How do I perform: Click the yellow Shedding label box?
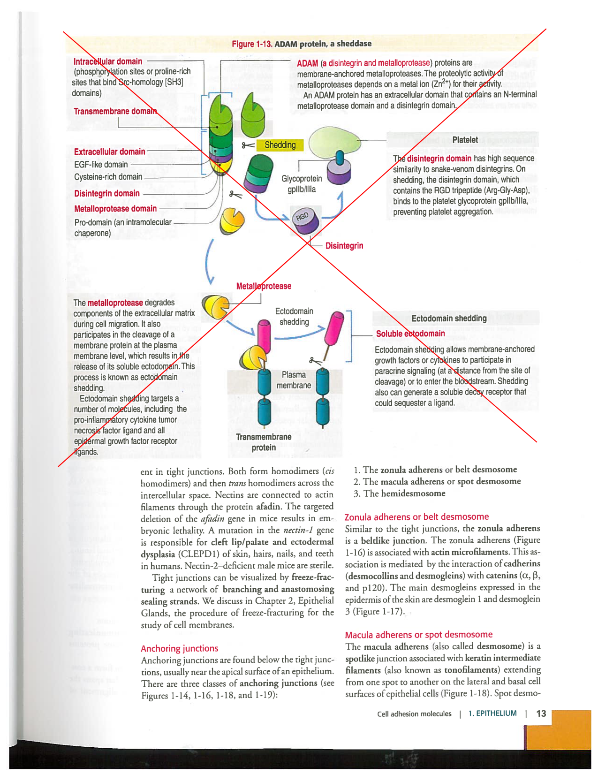280,145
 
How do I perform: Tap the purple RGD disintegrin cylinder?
305,220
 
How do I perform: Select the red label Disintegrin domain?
107,193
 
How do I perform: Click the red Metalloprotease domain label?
115,209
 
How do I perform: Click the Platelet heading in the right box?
465,140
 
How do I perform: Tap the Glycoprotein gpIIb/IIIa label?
302,184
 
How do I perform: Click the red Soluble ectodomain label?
410,334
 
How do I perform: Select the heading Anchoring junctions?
180,648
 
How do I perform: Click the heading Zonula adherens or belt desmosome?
416,516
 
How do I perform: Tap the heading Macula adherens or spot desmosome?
418,635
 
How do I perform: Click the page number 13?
541,713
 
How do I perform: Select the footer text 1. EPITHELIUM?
492,713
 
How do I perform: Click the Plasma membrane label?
294,380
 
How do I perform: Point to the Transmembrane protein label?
264,442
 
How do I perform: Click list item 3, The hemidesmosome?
400,493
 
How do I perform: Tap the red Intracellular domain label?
108,61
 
